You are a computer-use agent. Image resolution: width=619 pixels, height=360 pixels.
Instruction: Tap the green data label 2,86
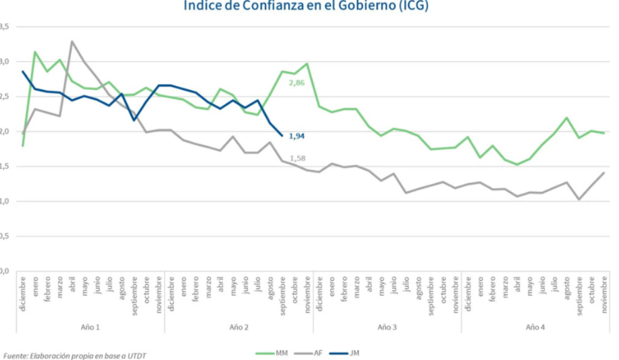298,81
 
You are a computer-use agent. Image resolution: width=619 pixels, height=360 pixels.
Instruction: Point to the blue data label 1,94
298,136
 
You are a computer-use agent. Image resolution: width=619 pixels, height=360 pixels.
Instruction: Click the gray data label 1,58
298,157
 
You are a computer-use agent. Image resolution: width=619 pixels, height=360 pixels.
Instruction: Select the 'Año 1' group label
91,327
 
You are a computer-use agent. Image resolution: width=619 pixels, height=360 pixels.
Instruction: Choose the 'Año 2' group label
239,327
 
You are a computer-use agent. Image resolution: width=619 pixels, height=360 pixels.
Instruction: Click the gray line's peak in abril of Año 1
73,42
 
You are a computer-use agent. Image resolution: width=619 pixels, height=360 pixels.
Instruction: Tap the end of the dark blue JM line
282,135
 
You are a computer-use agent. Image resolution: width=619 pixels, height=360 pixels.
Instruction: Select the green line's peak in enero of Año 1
36,52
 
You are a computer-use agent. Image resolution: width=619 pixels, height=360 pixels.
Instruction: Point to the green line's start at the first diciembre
23,145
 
